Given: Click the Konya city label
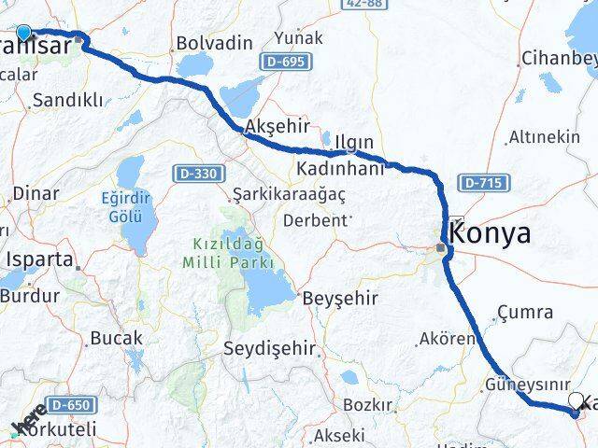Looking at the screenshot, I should [x=495, y=233].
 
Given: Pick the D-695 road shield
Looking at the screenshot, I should [x=278, y=61].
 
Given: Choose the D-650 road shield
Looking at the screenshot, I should [x=70, y=405].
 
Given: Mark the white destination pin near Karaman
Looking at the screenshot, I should [x=575, y=402].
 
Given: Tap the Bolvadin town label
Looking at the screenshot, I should [x=214, y=43].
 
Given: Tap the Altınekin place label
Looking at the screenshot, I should [x=544, y=136].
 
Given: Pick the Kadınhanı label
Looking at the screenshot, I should [x=340, y=169].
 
